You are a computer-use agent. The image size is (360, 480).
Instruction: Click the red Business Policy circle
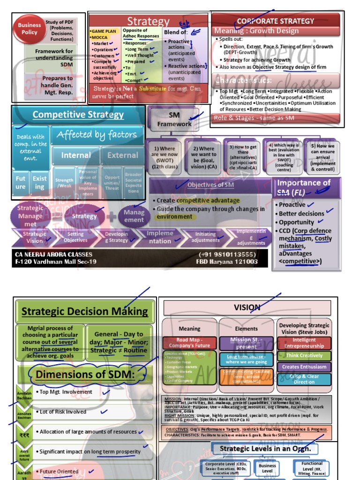[x=30, y=29]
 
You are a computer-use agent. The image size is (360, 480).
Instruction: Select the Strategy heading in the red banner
[x=148, y=22]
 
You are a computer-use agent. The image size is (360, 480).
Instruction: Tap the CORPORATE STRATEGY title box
[x=276, y=21]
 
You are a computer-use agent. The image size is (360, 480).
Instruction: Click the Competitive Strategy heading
[x=78, y=115]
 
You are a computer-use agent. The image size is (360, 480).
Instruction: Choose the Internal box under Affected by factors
[x=76, y=155]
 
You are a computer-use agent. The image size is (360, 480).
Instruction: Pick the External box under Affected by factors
[x=123, y=155]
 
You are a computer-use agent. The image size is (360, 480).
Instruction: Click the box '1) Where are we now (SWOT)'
[x=164, y=158]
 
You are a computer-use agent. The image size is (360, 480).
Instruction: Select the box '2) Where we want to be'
[x=204, y=158]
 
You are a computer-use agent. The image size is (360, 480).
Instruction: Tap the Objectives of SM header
[x=210, y=185]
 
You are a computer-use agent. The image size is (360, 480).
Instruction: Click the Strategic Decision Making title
[x=85, y=311]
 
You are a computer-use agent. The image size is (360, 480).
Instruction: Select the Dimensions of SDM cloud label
[x=85, y=375]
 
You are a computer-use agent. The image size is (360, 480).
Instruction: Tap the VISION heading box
[x=247, y=308]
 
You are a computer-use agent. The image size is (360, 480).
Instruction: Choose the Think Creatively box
[x=304, y=356]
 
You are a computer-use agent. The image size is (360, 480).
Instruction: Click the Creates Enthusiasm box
[x=304, y=367]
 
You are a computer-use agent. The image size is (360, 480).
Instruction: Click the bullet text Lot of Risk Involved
[x=63, y=412]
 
